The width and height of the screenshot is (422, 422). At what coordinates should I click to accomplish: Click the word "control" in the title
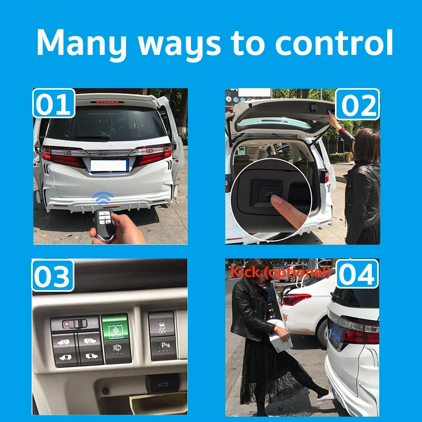coord(334,43)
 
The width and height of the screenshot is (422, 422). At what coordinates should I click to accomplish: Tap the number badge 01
coord(54,104)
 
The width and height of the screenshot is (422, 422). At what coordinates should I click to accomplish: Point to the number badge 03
coord(53,276)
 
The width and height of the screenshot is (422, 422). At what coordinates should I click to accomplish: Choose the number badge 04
coord(358,275)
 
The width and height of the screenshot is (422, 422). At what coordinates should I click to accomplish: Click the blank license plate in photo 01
coord(109,165)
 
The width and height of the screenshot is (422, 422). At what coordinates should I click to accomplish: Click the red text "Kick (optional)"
coord(280,272)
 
